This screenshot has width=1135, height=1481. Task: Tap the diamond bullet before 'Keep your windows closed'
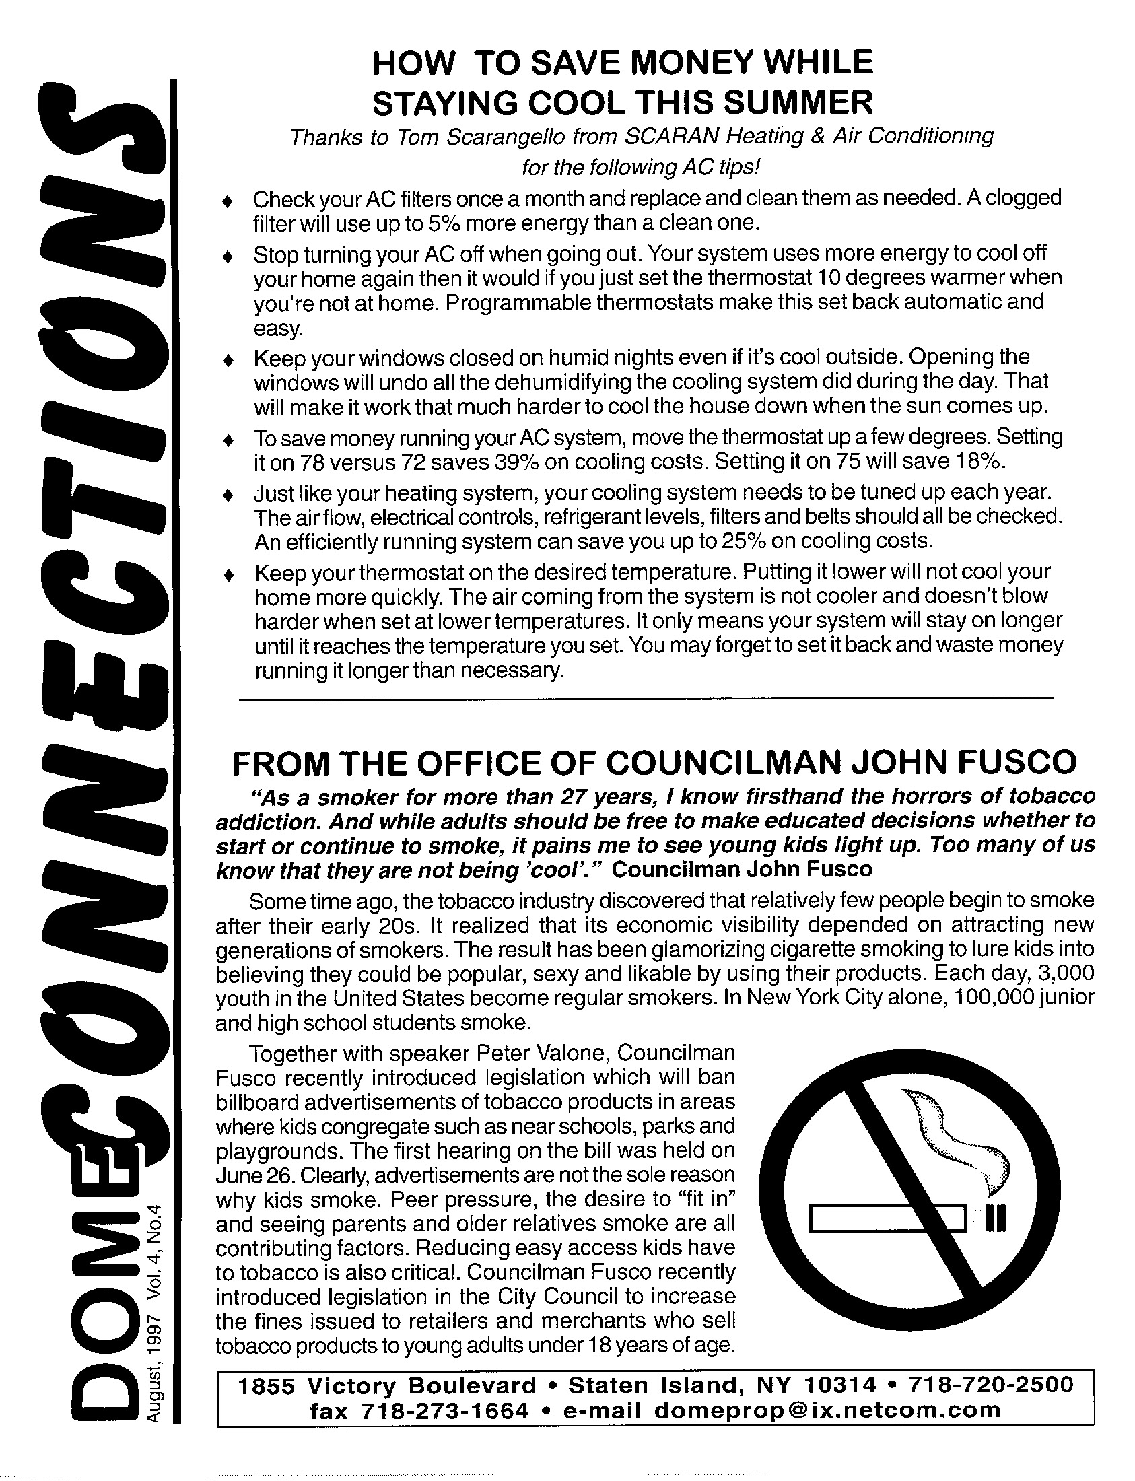point(228,360)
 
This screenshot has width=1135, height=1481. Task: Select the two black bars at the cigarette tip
point(996,1219)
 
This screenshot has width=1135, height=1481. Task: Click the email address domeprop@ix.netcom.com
point(827,1410)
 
